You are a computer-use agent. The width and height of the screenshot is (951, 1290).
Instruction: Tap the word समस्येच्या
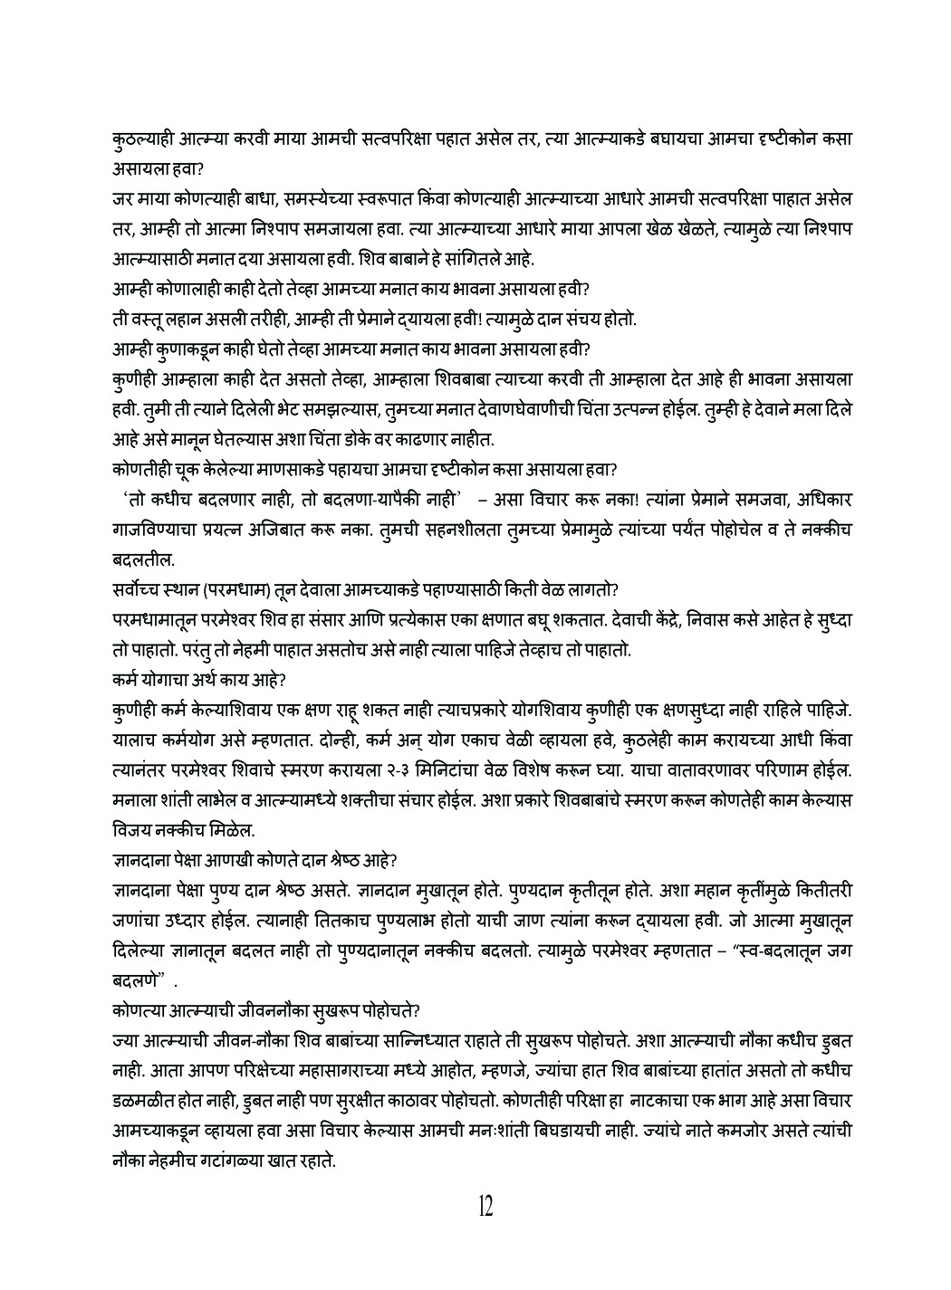click(305, 197)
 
